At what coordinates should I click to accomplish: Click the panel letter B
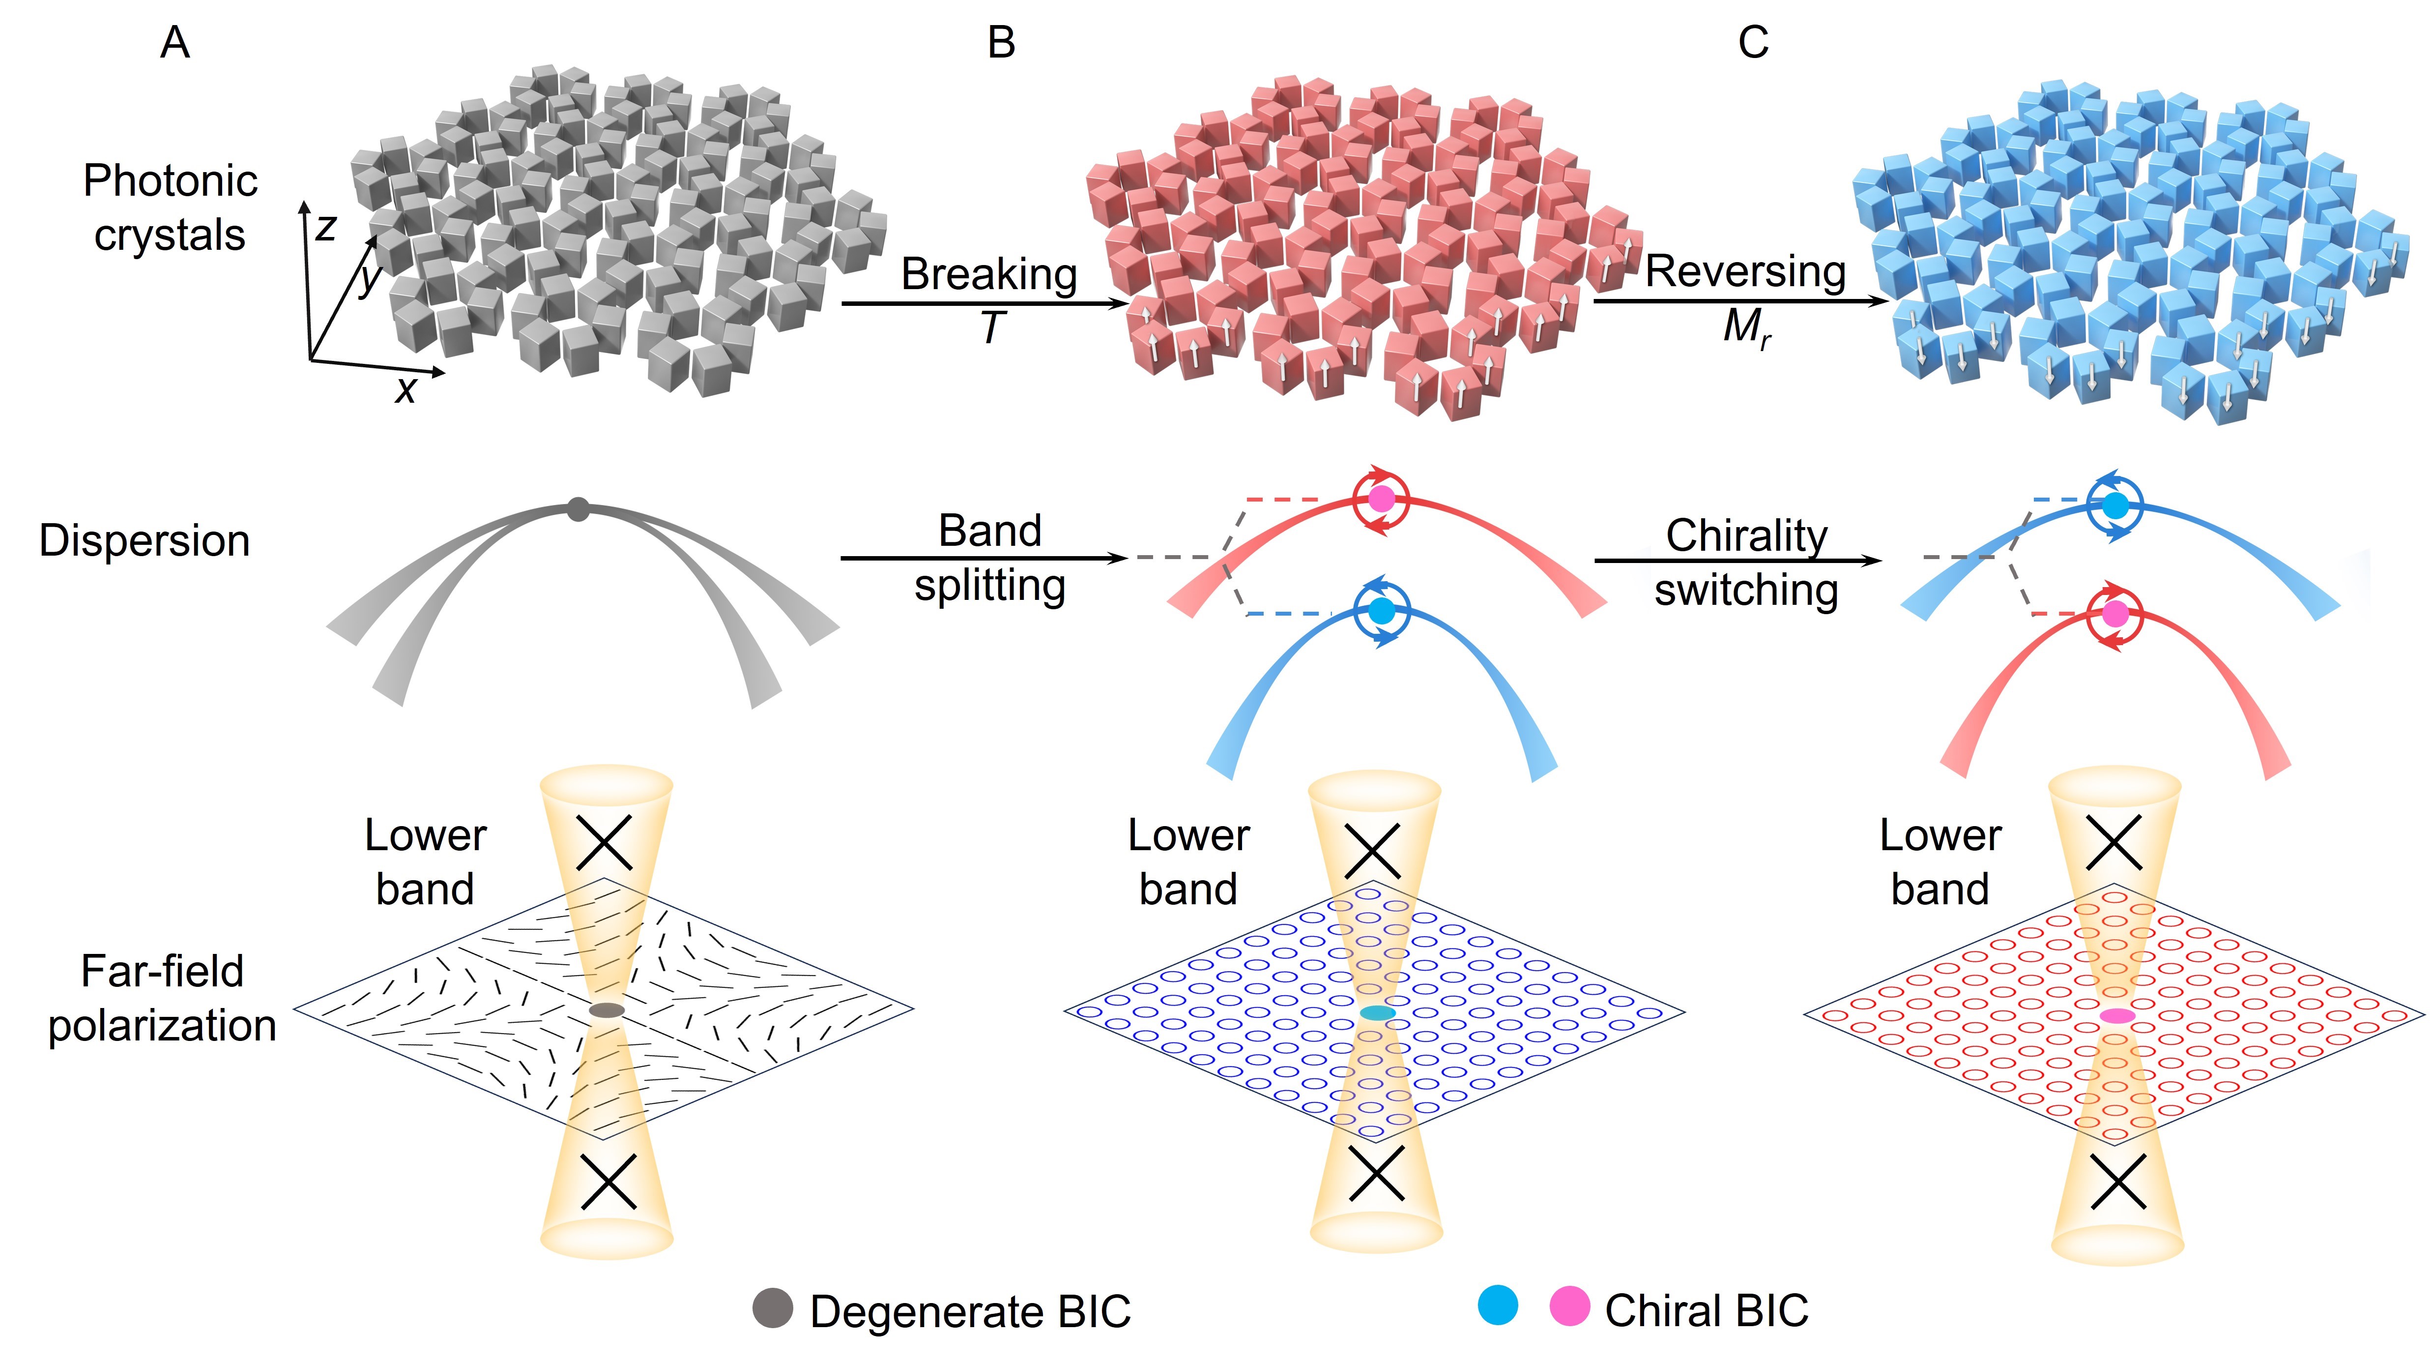coord(1001,42)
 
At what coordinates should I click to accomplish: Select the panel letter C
coord(1753,42)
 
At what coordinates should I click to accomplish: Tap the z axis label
coord(325,228)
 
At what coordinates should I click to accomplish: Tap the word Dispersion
coord(145,541)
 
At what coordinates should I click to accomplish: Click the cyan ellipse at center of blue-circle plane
coord(1378,1013)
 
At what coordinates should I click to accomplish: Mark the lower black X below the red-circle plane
coord(2118,1182)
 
